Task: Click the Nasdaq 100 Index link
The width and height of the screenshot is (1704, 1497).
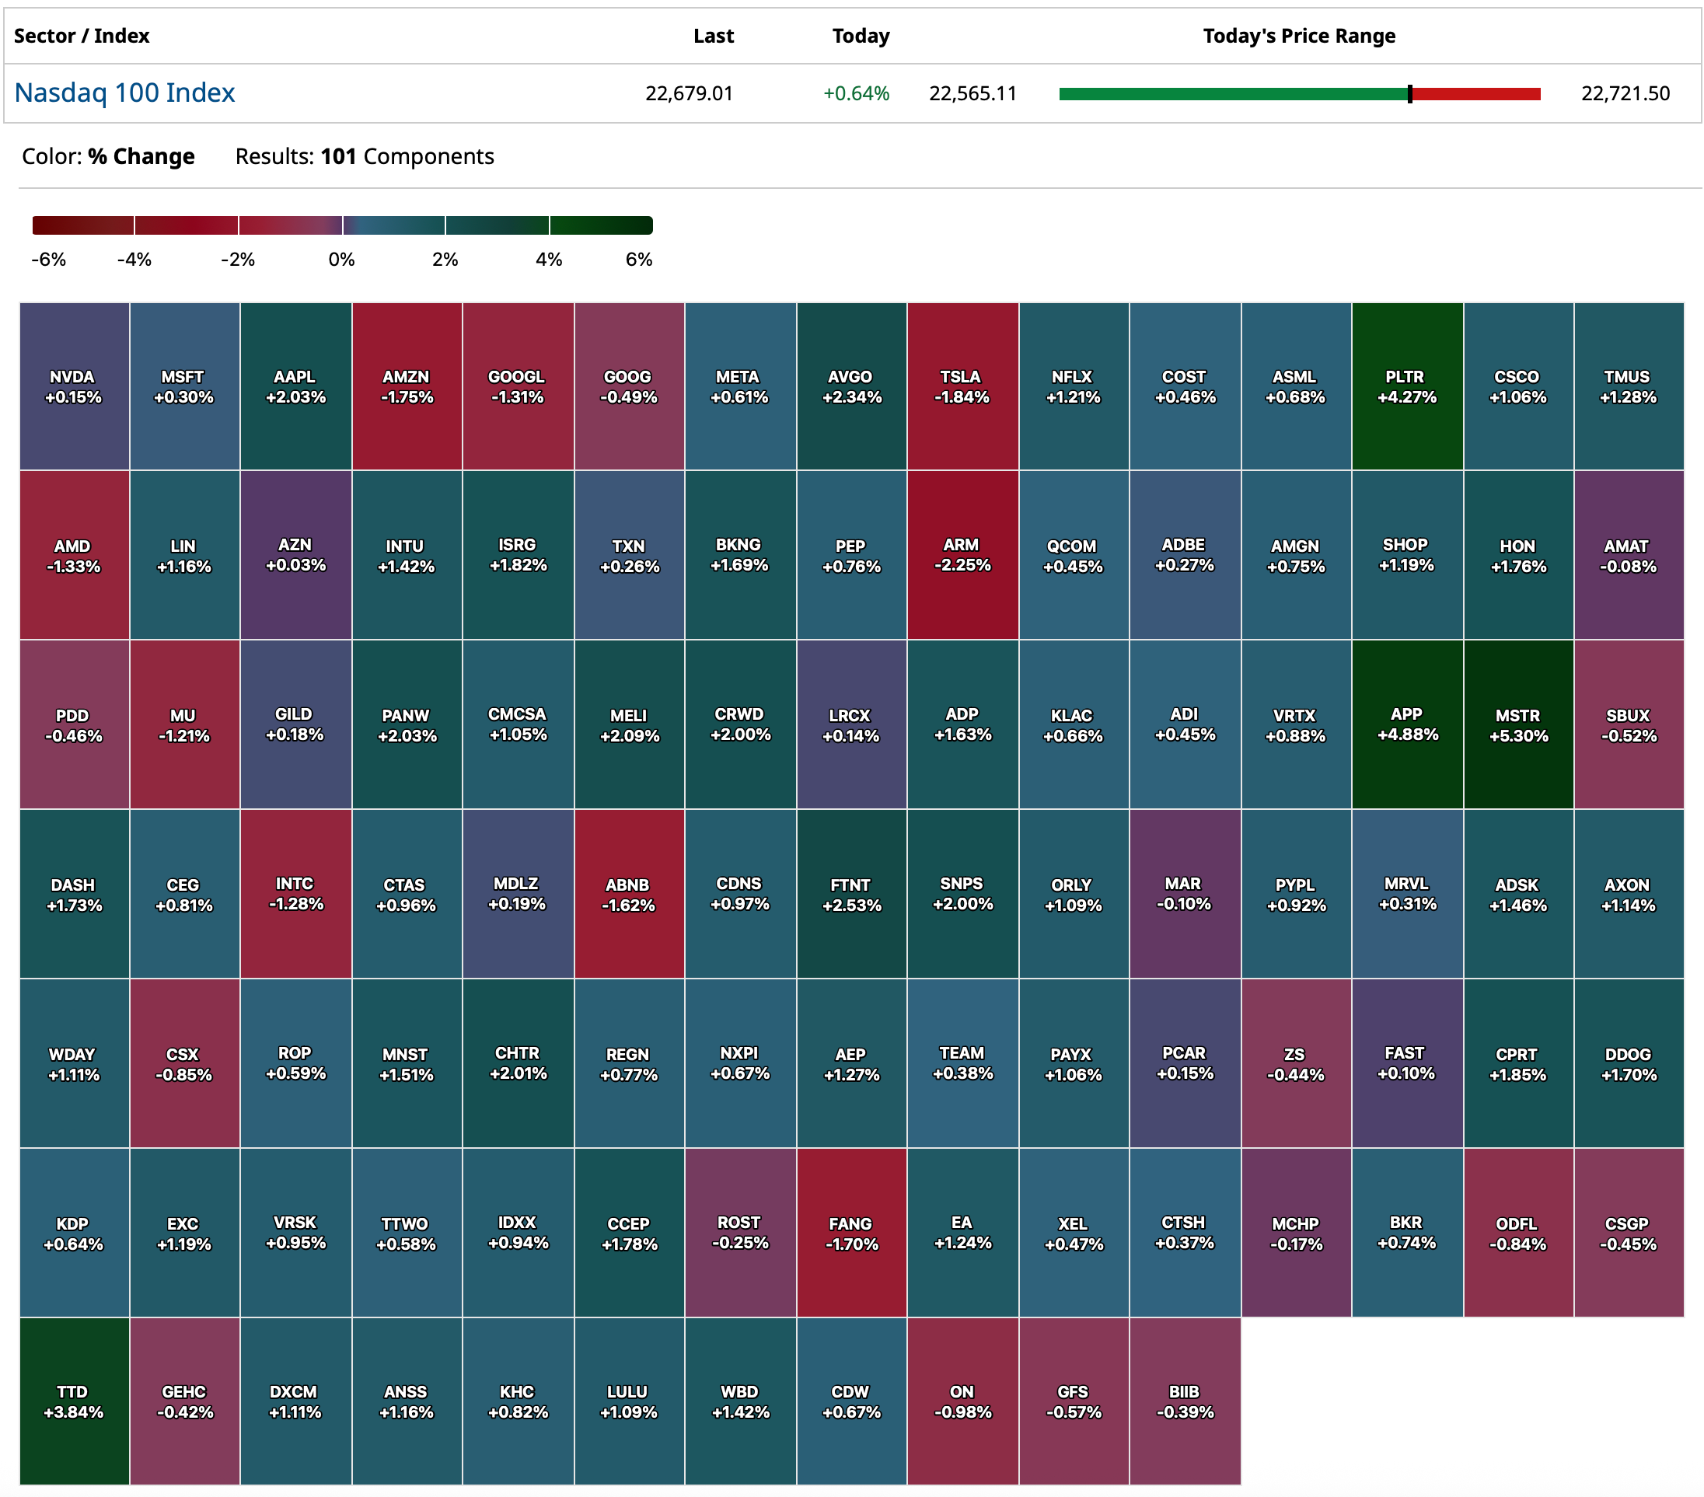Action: tap(125, 92)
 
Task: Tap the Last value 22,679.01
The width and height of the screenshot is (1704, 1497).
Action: tap(689, 93)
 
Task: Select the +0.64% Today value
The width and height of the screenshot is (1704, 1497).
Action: tap(856, 93)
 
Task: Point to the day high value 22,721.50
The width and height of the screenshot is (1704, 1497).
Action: tap(1625, 93)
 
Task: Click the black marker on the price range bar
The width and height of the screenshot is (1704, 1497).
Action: tap(1409, 94)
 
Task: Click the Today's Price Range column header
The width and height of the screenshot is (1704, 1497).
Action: tap(1299, 36)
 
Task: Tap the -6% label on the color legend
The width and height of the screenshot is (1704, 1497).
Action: tap(48, 260)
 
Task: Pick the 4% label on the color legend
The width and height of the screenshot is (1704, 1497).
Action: tap(549, 260)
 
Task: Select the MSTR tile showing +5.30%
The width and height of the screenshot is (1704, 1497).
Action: tap(1518, 724)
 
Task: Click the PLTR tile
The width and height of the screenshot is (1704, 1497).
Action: tap(1406, 386)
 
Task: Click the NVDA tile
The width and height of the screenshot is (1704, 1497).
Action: tap(73, 386)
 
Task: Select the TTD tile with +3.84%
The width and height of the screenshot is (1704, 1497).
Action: tap(73, 1401)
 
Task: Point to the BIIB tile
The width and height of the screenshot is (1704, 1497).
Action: tap(1185, 1401)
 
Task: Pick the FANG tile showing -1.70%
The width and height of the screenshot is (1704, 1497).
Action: tap(851, 1233)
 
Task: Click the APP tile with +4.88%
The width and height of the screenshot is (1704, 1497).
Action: tap(1406, 724)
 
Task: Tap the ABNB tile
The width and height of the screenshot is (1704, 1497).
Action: tap(629, 894)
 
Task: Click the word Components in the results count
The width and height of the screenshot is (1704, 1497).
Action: tap(428, 157)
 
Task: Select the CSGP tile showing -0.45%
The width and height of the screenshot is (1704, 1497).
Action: tap(1627, 1233)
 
